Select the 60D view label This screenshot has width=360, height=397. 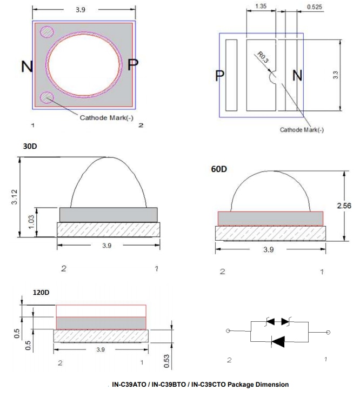[x=219, y=169]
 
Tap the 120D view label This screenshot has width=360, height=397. [x=40, y=293]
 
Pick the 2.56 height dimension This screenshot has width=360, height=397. [x=351, y=206]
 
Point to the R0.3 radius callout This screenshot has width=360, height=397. [x=263, y=58]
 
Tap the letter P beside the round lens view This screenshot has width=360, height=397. [x=132, y=64]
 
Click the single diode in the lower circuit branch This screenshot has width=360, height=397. [x=278, y=341]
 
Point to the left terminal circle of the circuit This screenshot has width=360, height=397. [x=228, y=332]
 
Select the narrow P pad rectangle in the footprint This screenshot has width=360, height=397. [x=231, y=75]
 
